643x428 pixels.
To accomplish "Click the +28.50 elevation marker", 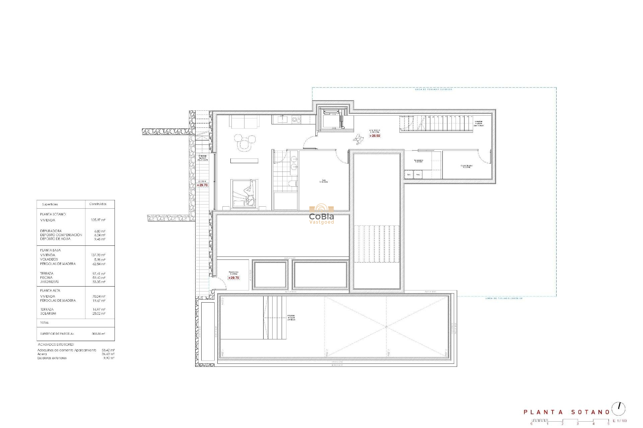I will click(x=375, y=136).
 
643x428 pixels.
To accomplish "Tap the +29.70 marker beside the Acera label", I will click(x=202, y=185).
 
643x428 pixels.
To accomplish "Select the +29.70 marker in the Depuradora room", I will click(x=234, y=278).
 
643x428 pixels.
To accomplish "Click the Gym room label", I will click(x=324, y=181).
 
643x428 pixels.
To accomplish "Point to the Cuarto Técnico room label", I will click(x=466, y=166).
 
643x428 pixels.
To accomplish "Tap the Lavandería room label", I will click(x=419, y=161).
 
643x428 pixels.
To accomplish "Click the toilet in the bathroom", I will click(x=293, y=183).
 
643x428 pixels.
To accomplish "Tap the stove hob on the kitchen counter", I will click(x=296, y=119).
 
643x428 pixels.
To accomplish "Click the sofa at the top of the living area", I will click(x=244, y=122).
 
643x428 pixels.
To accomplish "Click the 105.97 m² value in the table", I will click(x=98, y=220).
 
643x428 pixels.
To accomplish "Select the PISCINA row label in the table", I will click(x=46, y=278).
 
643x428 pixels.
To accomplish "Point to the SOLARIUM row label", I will click(x=48, y=314).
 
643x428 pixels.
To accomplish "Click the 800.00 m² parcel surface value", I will click(x=98, y=334).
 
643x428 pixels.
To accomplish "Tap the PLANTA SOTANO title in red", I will click(x=567, y=412).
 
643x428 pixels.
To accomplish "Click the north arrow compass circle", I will click(x=618, y=409).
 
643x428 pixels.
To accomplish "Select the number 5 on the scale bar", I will click(x=609, y=424).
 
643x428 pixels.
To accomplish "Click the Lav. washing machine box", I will click(x=409, y=175).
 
